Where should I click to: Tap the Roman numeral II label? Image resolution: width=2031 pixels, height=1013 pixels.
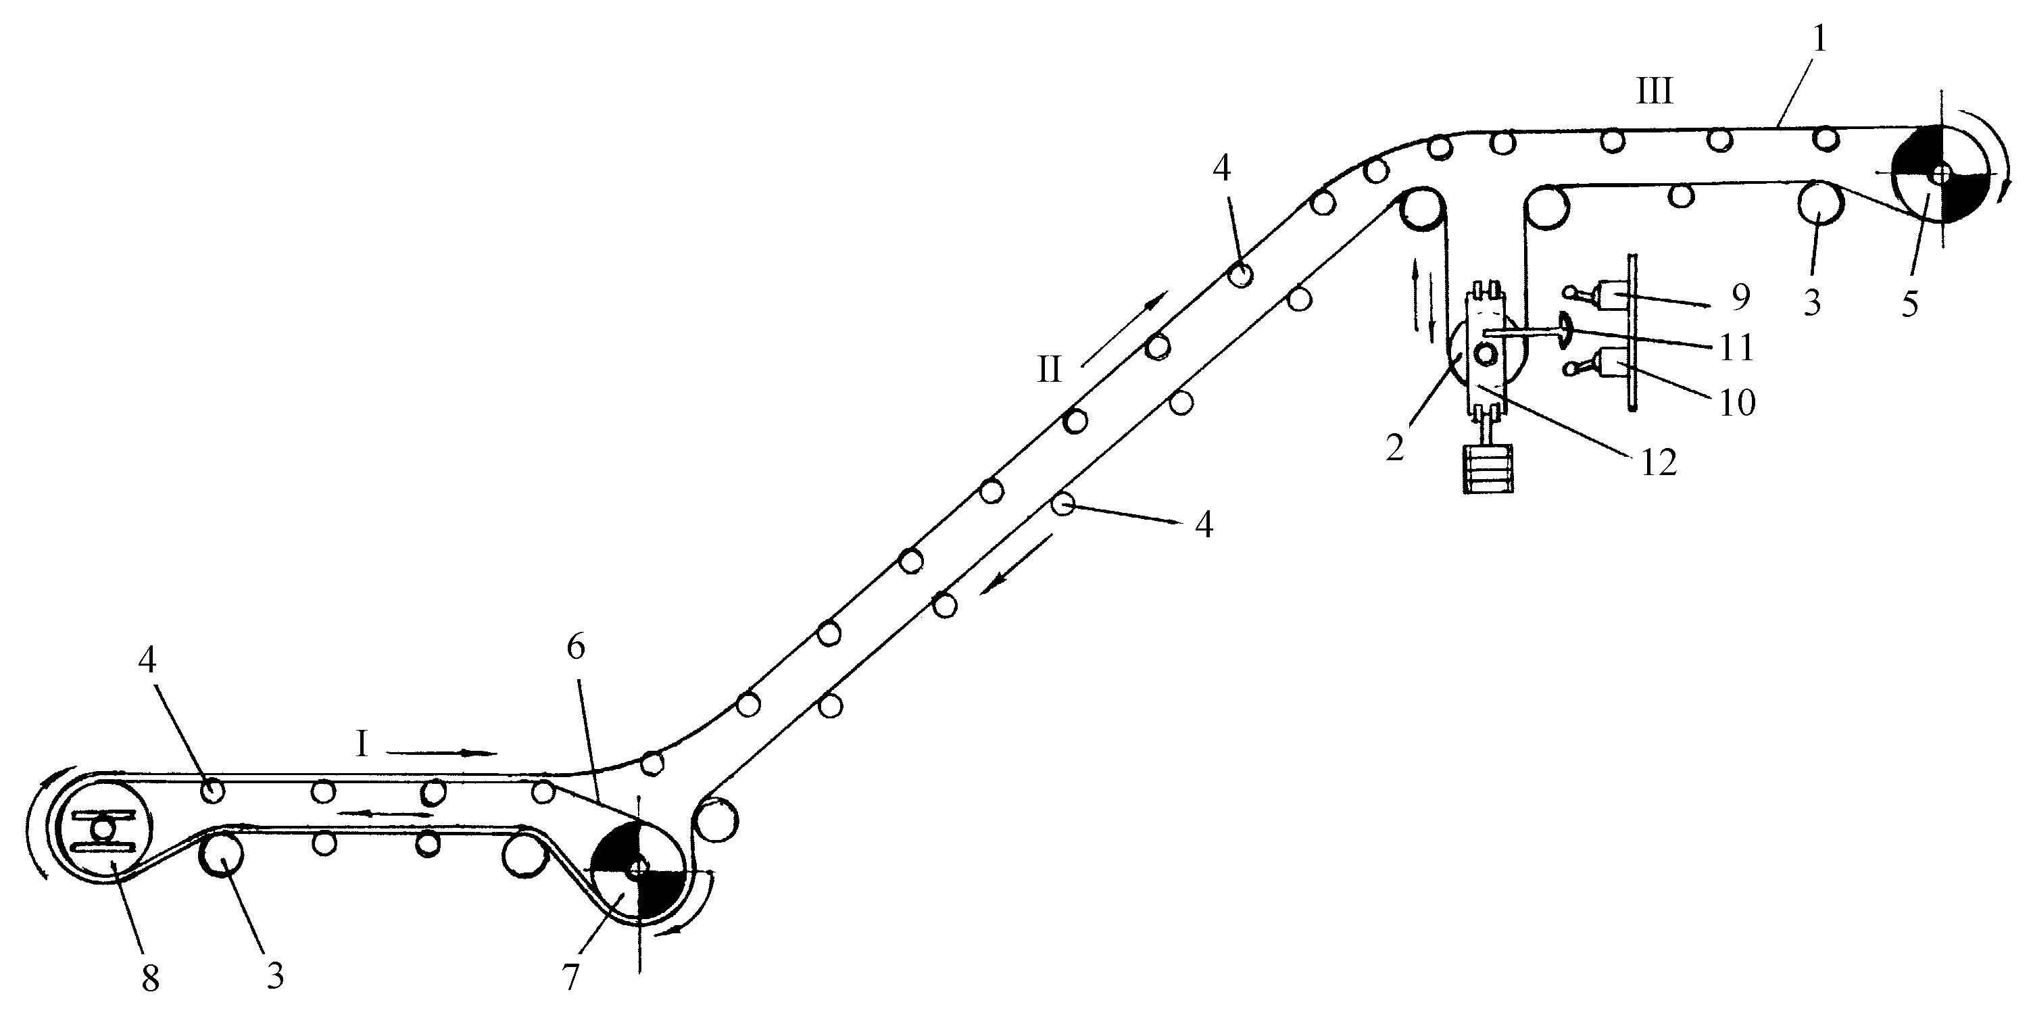[x=1050, y=370]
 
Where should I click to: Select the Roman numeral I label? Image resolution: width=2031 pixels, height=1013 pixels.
[x=362, y=744]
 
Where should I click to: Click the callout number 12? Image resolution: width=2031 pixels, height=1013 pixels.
[x=1658, y=464]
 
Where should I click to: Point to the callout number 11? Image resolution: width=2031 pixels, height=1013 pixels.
[x=1736, y=347]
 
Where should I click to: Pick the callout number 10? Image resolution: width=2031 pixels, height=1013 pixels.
[x=1737, y=403]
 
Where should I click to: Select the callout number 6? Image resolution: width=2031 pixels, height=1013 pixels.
[x=576, y=647]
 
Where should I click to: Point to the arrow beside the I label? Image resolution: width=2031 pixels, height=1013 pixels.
[x=441, y=753]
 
